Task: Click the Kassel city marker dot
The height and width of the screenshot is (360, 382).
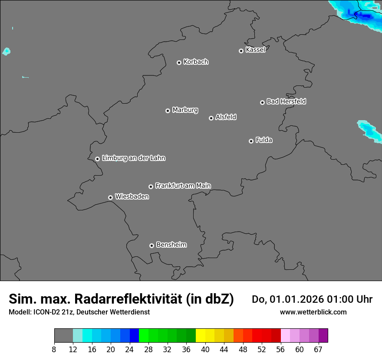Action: click(241, 51)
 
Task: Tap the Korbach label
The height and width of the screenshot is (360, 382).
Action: click(196, 62)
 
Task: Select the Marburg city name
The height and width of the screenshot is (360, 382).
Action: click(185, 110)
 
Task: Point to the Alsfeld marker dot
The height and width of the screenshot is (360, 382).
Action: click(211, 118)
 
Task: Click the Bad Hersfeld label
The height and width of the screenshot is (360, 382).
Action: click(286, 101)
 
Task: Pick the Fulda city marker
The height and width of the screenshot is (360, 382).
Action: click(251, 141)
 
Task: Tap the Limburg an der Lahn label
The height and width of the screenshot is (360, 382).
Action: click(134, 158)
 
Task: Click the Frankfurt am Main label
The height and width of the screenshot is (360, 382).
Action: click(183, 186)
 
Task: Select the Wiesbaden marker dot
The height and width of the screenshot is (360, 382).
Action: click(110, 197)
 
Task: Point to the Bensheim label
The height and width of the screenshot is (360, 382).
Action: click(171, 245)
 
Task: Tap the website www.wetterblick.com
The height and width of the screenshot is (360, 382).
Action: click(313, 312)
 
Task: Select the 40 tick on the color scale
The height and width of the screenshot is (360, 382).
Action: click(205, 350)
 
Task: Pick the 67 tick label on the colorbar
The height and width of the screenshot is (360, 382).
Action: click(318, 350)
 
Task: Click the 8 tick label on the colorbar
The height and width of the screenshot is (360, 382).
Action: click(54, 350)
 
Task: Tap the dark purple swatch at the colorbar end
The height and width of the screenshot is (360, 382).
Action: click(323, 336)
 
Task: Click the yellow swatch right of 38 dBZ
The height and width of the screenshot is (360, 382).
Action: click(201, 336)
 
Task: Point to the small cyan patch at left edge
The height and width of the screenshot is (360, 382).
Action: click(6, 51)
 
